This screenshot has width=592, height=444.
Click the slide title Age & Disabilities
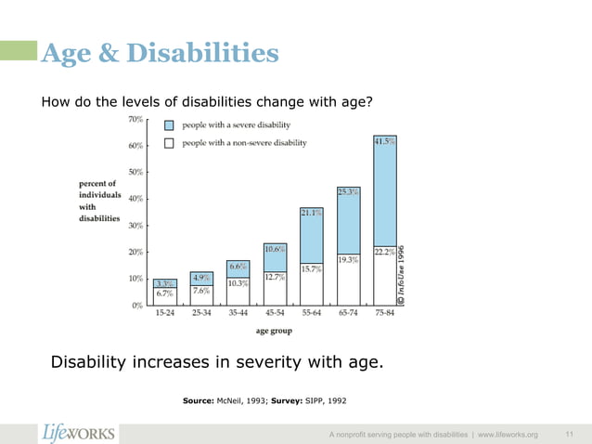pos(159,54)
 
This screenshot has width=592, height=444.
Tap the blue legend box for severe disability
pos(169,124)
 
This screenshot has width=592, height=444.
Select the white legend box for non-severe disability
pos(169,143)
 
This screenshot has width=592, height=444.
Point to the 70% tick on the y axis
pos(135,119)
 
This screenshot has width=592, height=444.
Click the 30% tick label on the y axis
pos(135,225)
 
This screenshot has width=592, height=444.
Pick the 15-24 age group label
pos(164,314)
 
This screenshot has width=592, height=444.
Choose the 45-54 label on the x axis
pos(274,314)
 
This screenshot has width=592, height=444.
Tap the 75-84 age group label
pos(384,314)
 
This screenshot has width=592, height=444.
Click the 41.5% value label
pos(385,142)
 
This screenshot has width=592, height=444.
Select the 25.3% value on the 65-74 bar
pos(348,192)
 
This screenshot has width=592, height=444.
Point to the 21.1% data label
pos(312,213)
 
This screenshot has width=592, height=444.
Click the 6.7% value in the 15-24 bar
pos(164,293)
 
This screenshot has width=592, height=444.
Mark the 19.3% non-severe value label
pos(348,260)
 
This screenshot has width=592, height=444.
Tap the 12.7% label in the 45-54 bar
pos(274,277)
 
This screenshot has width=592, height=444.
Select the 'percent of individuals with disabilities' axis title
pos(99,202)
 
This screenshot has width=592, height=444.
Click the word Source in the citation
pos(200,402)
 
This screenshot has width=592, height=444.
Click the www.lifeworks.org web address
pos(506,435)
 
